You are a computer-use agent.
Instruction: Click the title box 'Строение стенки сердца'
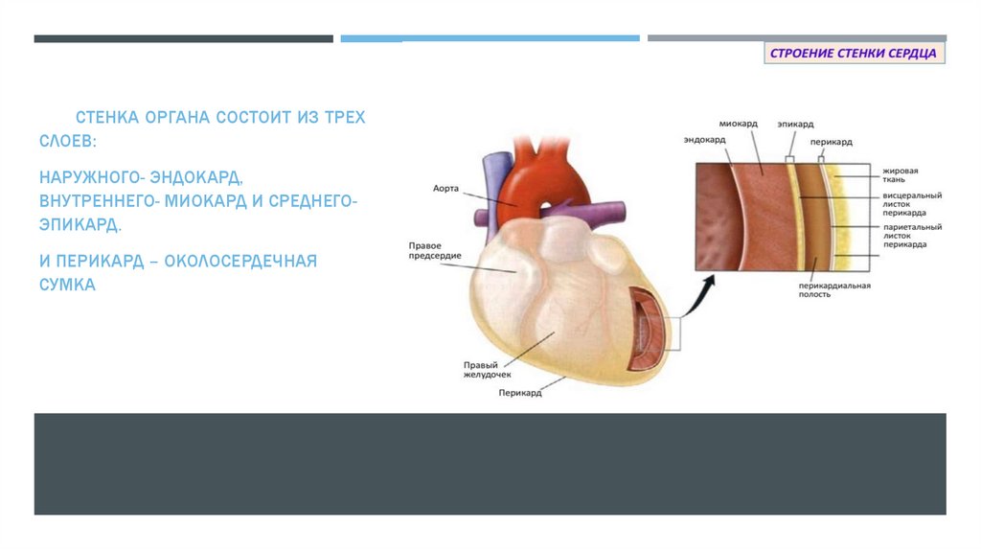[x=855, y=53]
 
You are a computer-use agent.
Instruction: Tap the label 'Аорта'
[x=446, y=189]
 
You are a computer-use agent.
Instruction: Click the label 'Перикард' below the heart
[x=519, y=393]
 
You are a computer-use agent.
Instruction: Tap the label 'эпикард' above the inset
[x=795, y=124]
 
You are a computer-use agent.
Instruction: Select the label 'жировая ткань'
[x=901, y=174]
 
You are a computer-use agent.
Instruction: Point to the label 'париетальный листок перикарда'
[x=911, y=235]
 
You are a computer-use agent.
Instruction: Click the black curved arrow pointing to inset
[x=704, y=287]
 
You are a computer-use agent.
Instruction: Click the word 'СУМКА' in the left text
[x=67, y=286]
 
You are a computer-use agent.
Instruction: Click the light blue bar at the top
[x=490, y=38]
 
